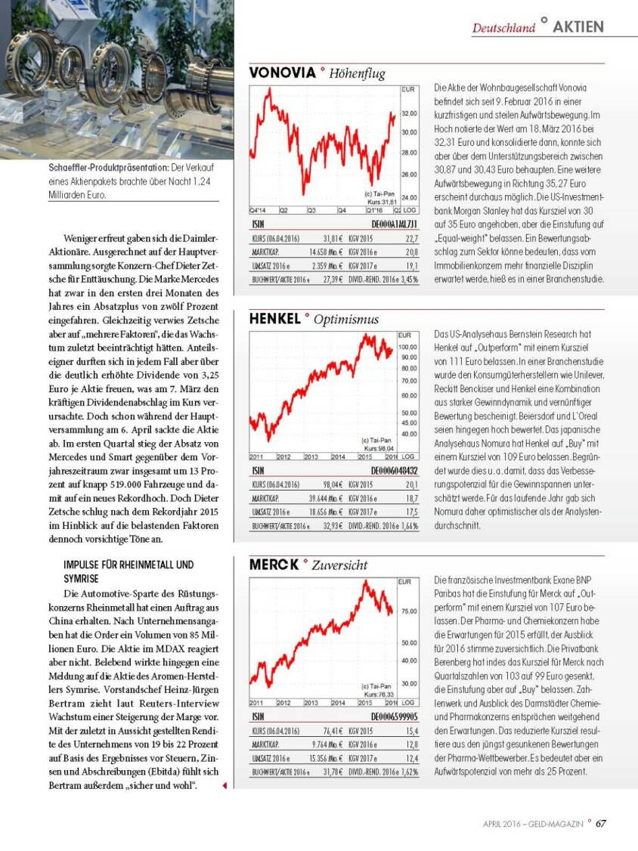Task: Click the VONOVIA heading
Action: coord(282,73)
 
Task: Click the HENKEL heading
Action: coord(275,319)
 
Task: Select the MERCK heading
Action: coord(274,564)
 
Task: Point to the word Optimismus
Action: coord(345,320)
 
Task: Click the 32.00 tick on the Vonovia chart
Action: coord(408,114)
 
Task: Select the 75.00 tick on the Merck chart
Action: coord(408,611)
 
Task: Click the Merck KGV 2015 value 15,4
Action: coord(412,731)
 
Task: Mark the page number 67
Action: coord(600,824)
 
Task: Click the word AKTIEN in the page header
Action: coord(578,26)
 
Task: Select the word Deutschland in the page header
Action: coord(503,28)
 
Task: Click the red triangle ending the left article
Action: coord(225,785)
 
